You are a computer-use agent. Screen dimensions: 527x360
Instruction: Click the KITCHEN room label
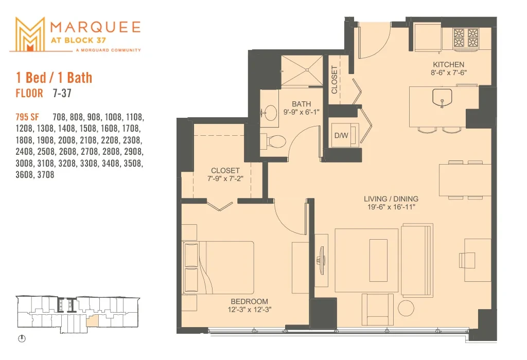(448, 64)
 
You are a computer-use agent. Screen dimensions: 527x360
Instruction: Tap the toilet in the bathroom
(273, 141)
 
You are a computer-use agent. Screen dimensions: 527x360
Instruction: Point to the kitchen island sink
(442, 98)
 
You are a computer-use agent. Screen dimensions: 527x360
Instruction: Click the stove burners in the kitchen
(466, 38)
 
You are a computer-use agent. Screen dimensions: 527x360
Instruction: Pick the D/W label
(341, 136)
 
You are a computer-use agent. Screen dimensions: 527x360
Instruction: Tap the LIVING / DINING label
(391, 199)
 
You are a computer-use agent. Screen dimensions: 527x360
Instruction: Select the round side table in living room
(406, 308)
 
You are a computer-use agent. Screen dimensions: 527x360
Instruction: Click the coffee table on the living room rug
(378, 260)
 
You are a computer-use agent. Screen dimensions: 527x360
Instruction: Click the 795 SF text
(27, 117)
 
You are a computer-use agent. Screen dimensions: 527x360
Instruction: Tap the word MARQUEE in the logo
(95, 27)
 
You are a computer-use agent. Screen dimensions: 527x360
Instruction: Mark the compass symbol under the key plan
(22, 338)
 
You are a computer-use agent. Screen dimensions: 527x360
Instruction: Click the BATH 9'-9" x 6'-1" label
(301, 108)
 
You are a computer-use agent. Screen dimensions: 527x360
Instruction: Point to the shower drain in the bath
(307, 70)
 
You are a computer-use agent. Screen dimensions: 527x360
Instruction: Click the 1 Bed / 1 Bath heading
(54, 78)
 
